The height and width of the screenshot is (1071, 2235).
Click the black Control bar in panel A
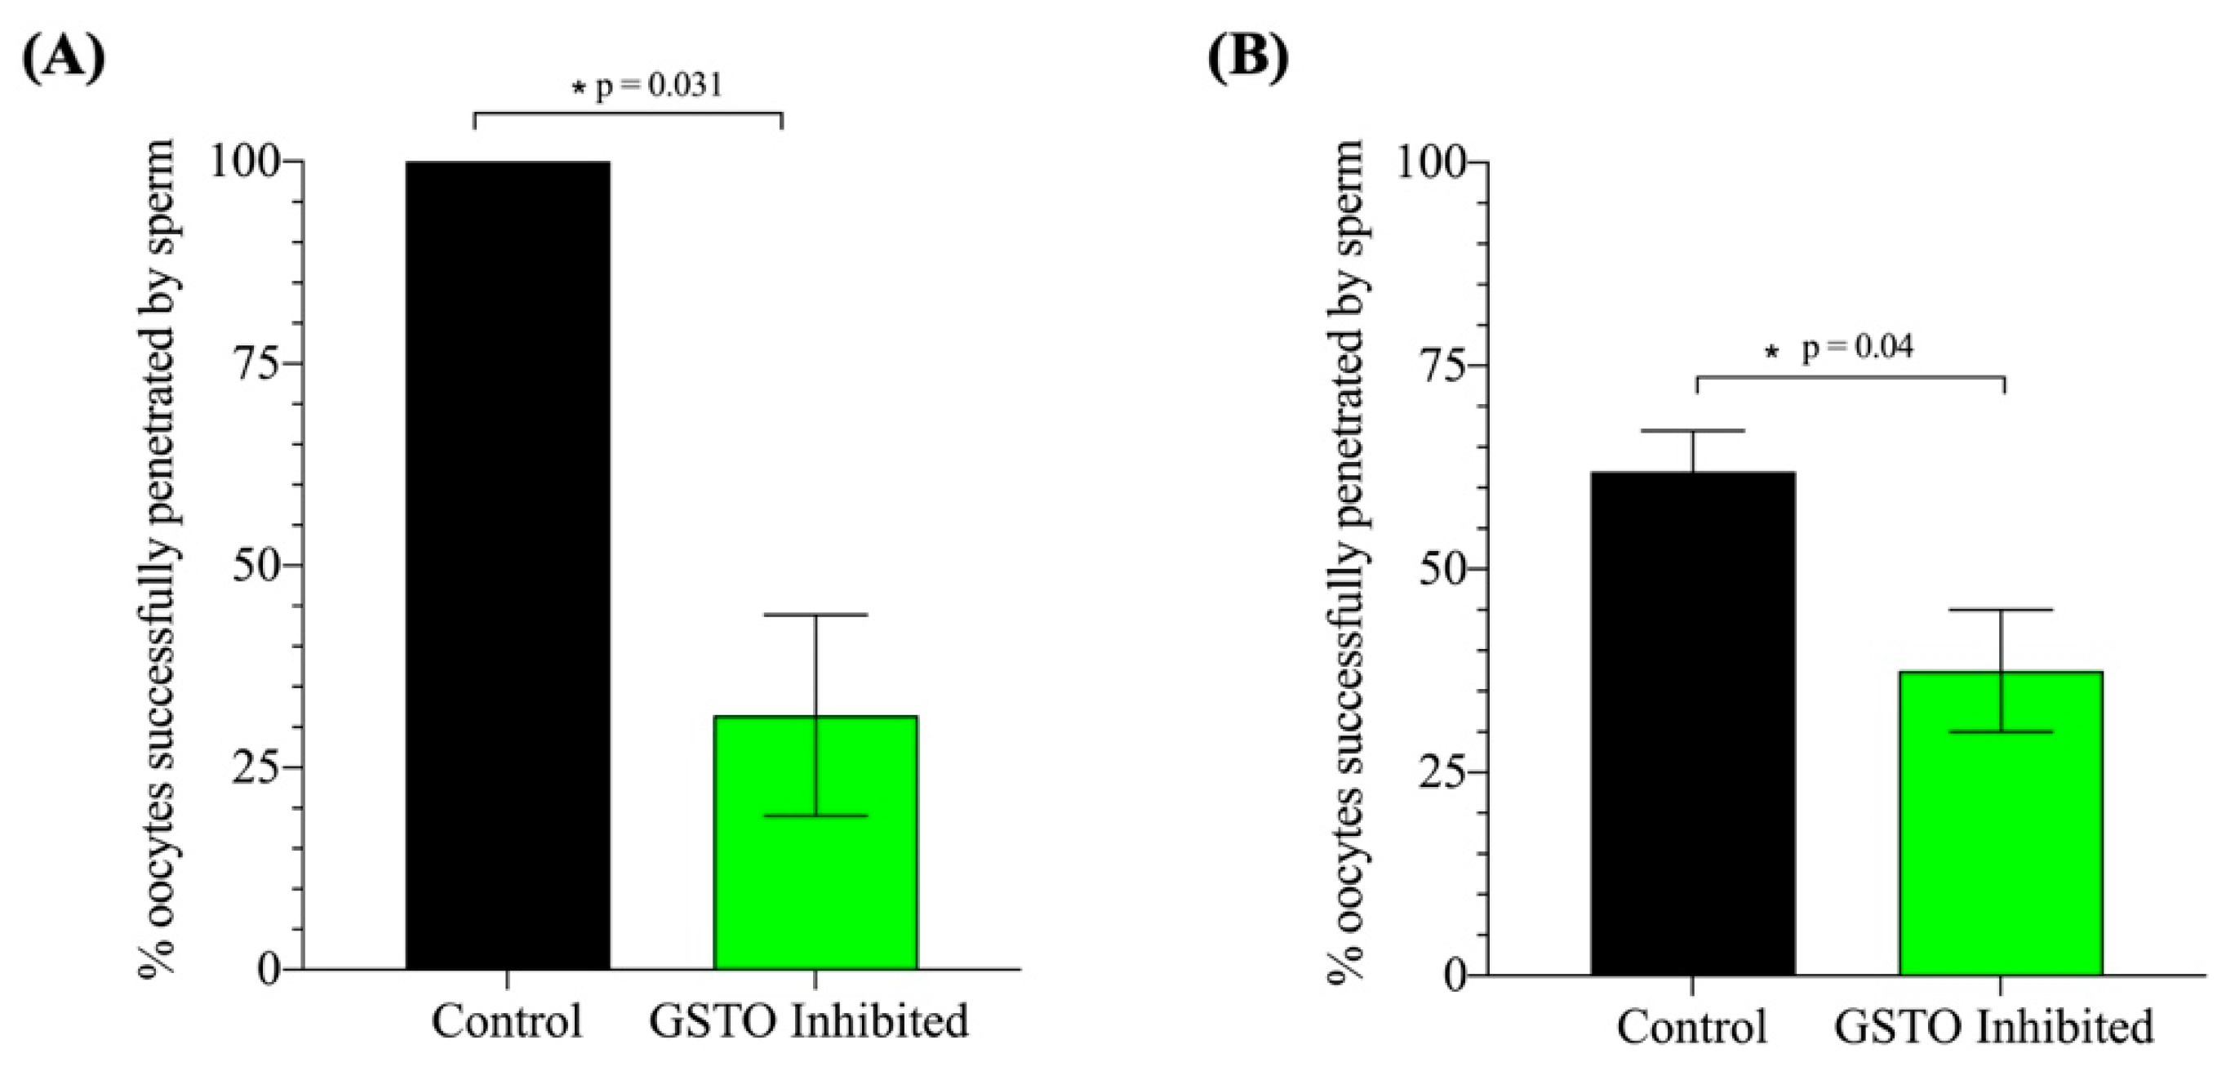point(508,564)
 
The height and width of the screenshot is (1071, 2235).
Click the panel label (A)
point(63,59)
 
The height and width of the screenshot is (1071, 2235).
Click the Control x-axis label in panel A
point(508,1022)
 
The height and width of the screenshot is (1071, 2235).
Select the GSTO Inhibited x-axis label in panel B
point(1994,1028)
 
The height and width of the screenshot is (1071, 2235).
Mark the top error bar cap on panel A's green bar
point(815,615)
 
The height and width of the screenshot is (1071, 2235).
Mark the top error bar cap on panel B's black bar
point(1693,430)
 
